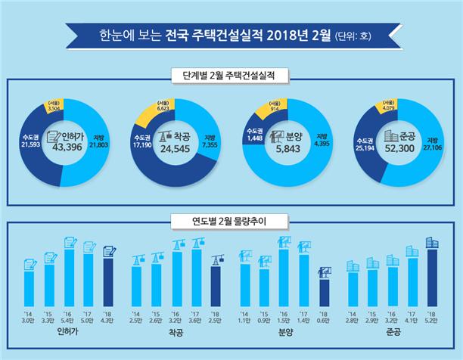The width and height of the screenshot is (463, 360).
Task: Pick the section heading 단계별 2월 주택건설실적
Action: (x=231, y=76)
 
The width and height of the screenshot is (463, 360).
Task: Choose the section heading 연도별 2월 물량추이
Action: (x=231, y=222)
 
